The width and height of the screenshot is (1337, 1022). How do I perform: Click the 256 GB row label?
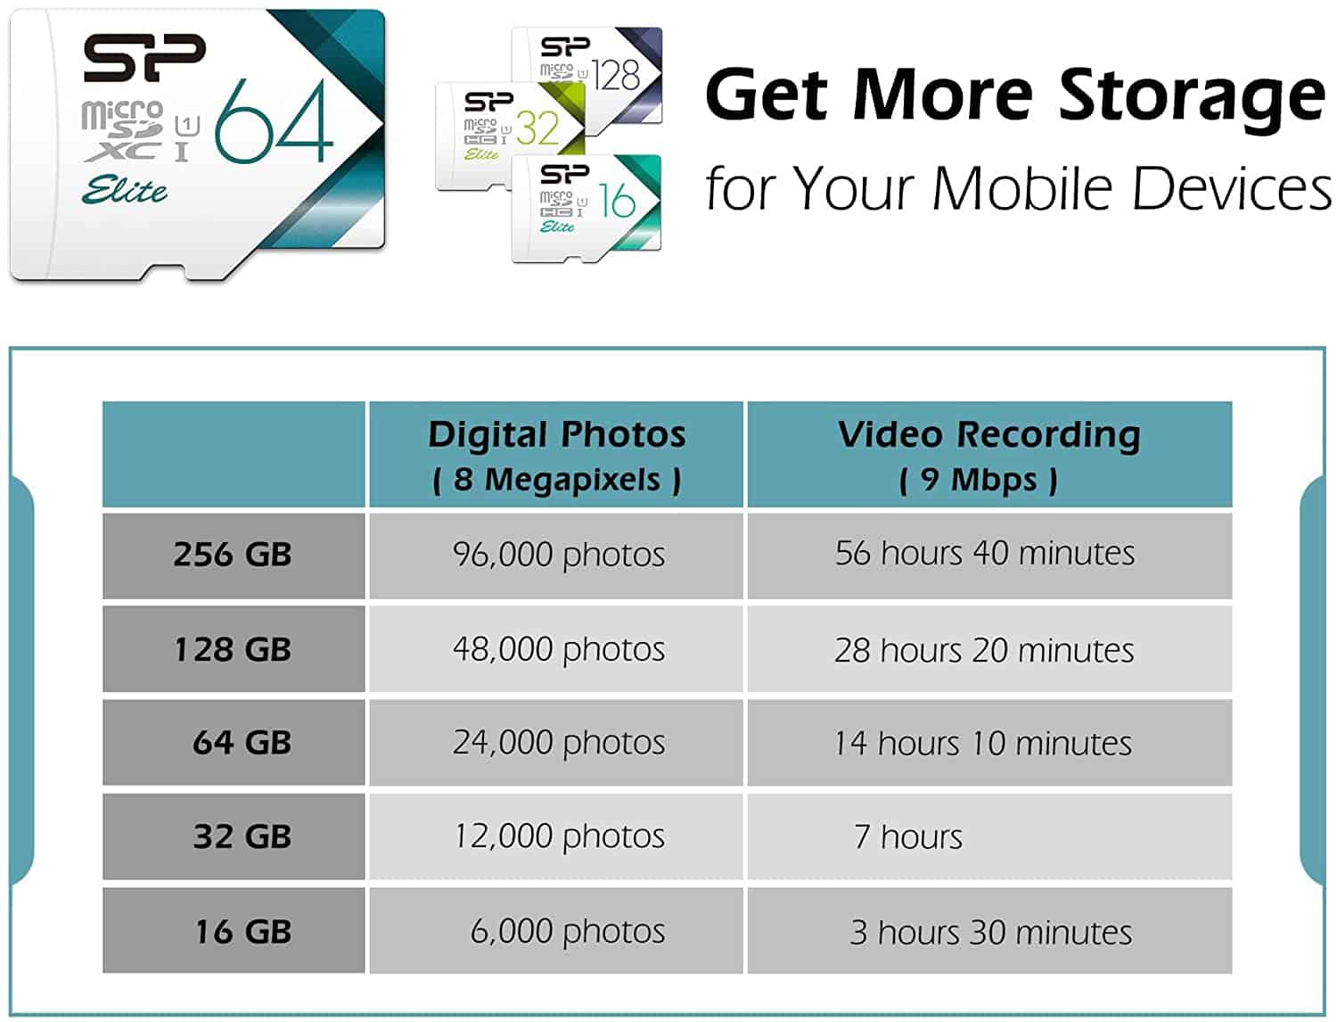coord(234,556)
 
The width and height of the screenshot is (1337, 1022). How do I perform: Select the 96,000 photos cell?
coord(556,556)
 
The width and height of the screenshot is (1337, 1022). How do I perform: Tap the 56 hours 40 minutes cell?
coord(989,556)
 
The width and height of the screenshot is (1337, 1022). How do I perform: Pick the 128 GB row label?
coord(234,648)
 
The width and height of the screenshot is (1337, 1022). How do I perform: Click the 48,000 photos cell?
coord(556,648)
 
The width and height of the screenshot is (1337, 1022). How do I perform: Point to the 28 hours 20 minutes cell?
coord(989,648)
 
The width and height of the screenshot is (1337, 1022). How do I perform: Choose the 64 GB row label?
coord(234,742)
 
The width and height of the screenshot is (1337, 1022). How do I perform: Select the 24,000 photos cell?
coord(556,742)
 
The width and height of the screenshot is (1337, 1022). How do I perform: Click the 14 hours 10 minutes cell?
coord(989,742)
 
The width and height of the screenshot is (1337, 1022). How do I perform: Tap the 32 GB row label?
coord(234,837)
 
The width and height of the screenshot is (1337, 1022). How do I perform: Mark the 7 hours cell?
coord(989,837)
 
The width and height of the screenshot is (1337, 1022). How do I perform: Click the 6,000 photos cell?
coord(556,930)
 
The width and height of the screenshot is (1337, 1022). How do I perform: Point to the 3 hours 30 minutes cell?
coord(989,930)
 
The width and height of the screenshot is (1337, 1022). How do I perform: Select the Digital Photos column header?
coord(556,454)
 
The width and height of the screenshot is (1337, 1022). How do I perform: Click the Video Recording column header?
coord(989,454)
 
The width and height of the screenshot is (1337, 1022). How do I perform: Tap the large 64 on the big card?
coord(275,121)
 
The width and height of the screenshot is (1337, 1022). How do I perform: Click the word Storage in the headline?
coord(1192,97)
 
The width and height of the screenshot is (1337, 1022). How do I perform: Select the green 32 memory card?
coord(511,136)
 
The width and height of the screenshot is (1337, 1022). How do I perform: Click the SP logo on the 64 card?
coord(144,58)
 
